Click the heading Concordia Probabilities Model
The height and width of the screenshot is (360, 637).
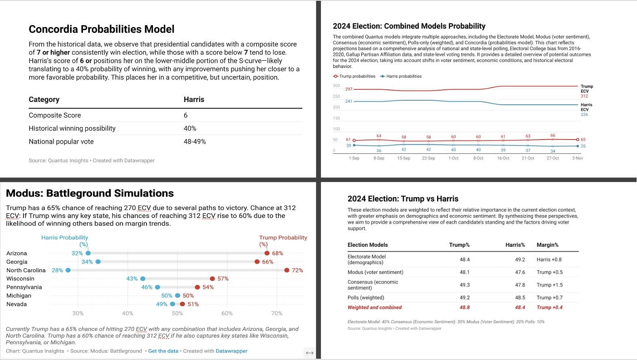click(101, 29)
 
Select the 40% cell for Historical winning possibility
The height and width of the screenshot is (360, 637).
click(190, 128)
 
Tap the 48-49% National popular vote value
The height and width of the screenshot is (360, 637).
click(195, 142)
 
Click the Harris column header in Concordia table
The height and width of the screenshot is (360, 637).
click(194, 100)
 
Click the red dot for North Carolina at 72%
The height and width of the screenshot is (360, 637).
click(287, 270)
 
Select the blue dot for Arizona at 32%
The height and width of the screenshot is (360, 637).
click(88, 253)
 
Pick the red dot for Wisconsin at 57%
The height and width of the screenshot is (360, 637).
click(212, 279)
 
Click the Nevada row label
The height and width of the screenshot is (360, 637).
click(17, 304)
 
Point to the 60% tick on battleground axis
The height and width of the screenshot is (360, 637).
click(227, 313)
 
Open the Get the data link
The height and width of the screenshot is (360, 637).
click(163, 351)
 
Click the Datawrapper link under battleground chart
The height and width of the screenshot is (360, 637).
click(231, 351)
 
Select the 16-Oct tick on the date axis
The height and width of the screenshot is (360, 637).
click(503, 158)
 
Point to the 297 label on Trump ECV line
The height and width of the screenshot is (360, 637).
click(348, 89)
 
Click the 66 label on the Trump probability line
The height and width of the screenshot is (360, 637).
click(553, 136)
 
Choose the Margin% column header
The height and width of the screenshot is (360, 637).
click(547, 245)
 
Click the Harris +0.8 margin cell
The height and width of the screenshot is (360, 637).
click(549, 259)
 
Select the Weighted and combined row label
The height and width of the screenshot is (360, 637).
click(374, 307)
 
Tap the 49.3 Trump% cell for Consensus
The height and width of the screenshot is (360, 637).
click(465, 285)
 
